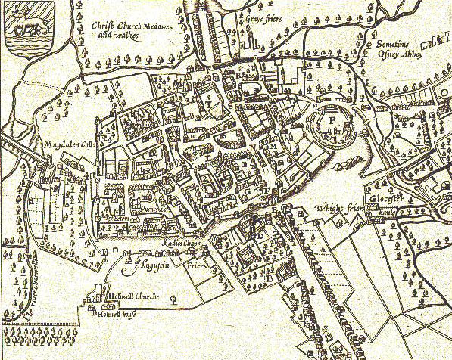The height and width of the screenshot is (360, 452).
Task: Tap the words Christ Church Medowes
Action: [x=129, y=26]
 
